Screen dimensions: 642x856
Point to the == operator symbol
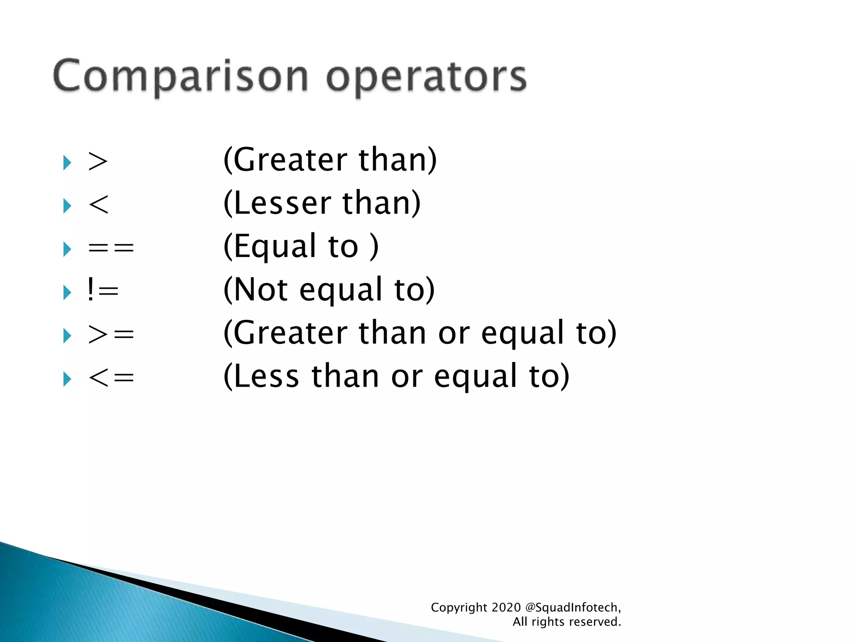(111, 248)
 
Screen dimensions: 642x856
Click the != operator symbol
(103, 290)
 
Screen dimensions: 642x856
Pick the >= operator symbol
(111, 335)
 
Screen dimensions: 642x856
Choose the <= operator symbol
(111, 378)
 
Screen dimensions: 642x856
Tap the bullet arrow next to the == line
(67, 249)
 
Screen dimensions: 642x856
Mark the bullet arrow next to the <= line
(67, 379)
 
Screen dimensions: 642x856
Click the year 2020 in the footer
(506, 607)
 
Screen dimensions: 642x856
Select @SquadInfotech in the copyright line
(571, 607)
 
